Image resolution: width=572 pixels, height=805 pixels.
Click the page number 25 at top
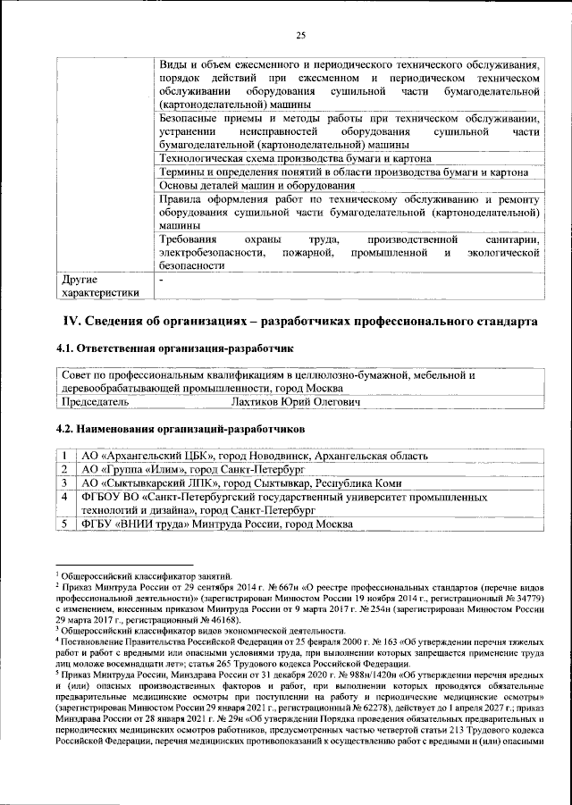300,35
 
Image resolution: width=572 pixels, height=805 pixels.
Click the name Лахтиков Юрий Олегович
296,402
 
